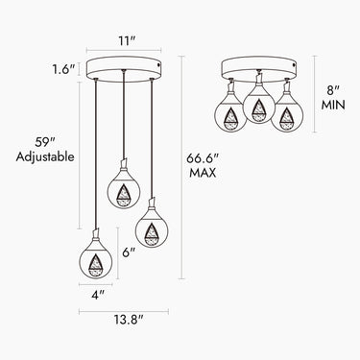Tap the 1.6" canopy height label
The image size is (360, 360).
pyautogui.click(x=64, y=69)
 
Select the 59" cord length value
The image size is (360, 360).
pyautogui.click(x=45, y=142)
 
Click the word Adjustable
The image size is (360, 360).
pyautogui.click(x=45, y=156)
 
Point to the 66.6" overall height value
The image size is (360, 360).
pyautogui.click(x=203, y=158)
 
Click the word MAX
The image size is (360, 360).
pyautogui.click(x=203, y=173)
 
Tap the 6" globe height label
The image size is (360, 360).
pyautogui.click(x=129, y=252)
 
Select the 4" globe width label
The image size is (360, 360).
pyautogui.click(x=98, y=295)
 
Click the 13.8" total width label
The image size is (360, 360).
pyautogui.click(x=129, y=319)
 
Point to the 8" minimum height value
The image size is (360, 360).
pyautogui.click(x=333, y=90)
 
